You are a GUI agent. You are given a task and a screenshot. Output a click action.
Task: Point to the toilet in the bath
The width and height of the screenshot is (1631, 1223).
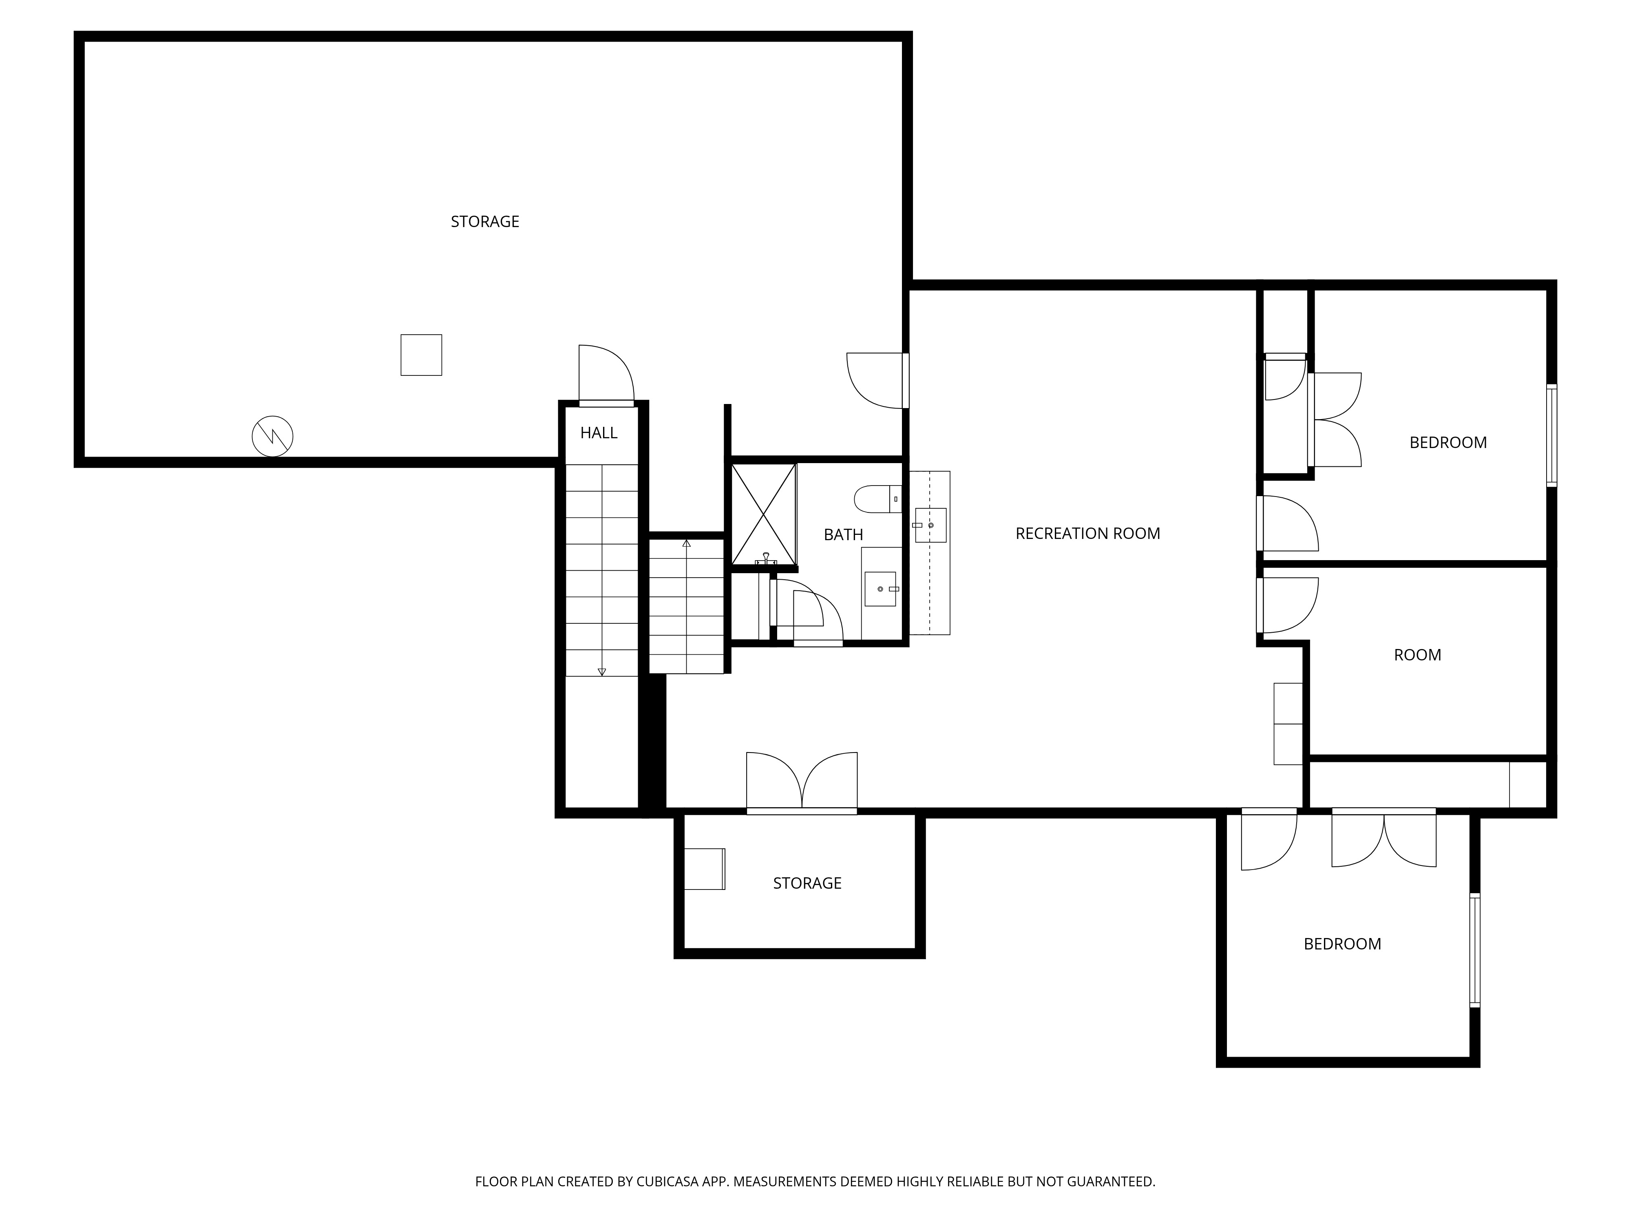tap(877, 499)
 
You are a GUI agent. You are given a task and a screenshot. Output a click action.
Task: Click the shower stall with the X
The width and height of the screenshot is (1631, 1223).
tap(764, 514)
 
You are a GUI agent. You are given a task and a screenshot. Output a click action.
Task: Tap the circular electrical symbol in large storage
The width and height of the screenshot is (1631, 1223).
tap(272, 437)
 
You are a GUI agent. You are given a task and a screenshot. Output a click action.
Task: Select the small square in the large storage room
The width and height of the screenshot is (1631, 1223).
tap(421, 355)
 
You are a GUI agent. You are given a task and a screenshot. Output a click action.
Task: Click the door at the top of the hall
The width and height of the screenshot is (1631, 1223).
tap(606, 375)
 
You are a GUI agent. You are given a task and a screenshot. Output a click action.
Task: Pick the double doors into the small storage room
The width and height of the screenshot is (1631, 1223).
tap(802, 783)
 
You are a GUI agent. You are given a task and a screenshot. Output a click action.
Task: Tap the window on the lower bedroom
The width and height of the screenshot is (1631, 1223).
tap(1475, 950)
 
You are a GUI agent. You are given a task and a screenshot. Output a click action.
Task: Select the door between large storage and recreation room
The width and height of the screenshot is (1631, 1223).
tap(877, 380)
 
